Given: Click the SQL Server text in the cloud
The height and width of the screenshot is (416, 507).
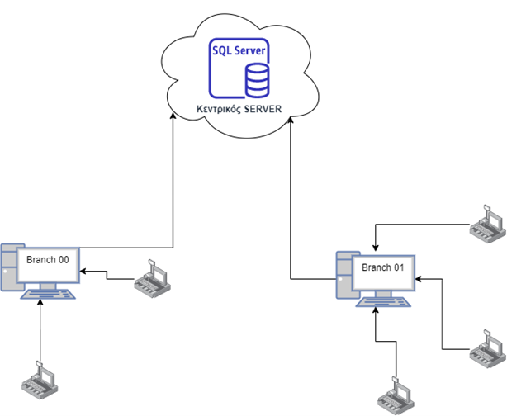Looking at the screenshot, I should pyautogui.click(x=239, y=52).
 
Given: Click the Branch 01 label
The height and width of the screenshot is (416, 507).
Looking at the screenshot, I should pyautogui.click(x=384, y=268).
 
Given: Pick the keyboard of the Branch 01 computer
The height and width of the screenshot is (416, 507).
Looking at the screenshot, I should pyautogui.click(x=383, y=301).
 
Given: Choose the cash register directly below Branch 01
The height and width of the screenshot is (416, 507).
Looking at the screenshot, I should pyautogui.click(x=396, y=395).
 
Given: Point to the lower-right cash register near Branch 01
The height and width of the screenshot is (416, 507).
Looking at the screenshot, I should pyautogui.click(x=486, y=347).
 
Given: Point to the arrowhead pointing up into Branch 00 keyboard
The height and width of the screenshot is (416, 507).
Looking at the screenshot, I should pyautogui.click(x=40, y=303).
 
